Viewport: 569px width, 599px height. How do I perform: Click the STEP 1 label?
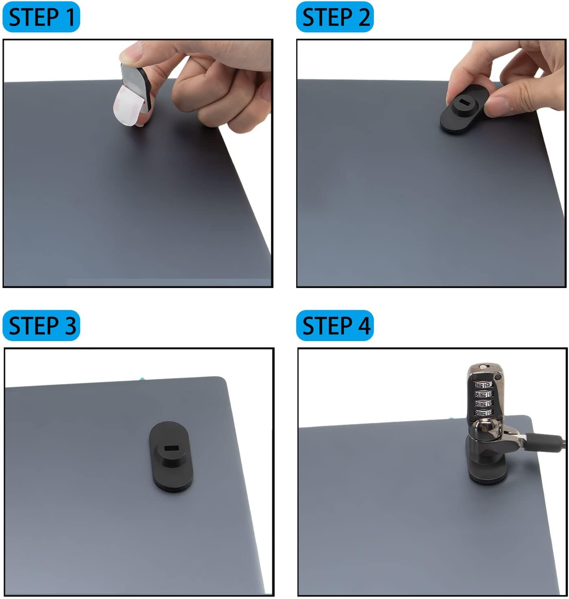tap(41, 17)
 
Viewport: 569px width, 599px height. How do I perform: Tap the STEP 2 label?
tap(335, 17)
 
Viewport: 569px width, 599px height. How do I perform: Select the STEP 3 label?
tap(41, 326)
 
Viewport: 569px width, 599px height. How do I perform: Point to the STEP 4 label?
tap(335, 326)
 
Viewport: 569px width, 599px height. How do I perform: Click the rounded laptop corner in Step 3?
tap(222, 381)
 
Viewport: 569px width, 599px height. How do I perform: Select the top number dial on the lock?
tap(483, 384)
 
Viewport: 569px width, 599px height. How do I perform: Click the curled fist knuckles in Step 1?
tap(203, 102)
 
